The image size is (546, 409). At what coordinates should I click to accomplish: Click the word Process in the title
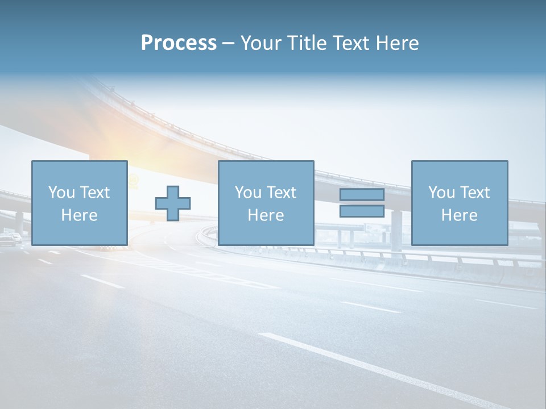tap(179, 43)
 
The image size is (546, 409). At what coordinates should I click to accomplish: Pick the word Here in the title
tap(398, 43)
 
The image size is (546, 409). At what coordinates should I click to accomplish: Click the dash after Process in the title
tap(228, 44)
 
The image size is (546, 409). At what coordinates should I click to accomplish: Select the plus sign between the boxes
tap(173, 203)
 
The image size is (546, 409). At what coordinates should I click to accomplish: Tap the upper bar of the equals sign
tap(362, 195)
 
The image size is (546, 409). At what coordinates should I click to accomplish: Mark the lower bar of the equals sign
tap(362, 211)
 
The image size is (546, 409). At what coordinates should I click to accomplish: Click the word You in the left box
tap(61, 193)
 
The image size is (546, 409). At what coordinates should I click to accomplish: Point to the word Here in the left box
tap(79, 215)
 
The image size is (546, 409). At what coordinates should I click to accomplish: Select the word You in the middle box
tap(247, 193)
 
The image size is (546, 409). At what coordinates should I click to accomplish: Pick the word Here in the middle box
tap(266, 215)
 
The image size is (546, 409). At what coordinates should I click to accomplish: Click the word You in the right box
tap(441, 193)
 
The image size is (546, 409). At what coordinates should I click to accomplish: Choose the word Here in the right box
tap(459, 215)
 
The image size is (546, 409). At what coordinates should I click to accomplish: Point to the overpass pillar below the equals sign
tap(396, 229)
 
